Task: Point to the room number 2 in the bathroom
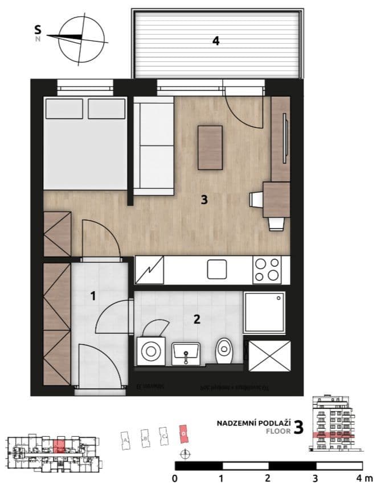(x=196, y=319)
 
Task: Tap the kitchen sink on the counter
(x=217, y=269)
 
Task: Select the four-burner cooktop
(x=267, y=270)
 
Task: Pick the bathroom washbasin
(x=185, y=353)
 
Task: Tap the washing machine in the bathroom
(x=151, y=351)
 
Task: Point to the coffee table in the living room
(x=210, y=147)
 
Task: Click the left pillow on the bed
(x=64, y=108)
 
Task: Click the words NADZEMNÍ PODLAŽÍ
(x=253, y=423)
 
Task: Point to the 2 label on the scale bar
(x=267, y=477)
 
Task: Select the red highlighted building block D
(x=183, y=433)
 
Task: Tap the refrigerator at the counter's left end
(x=150, y=270)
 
